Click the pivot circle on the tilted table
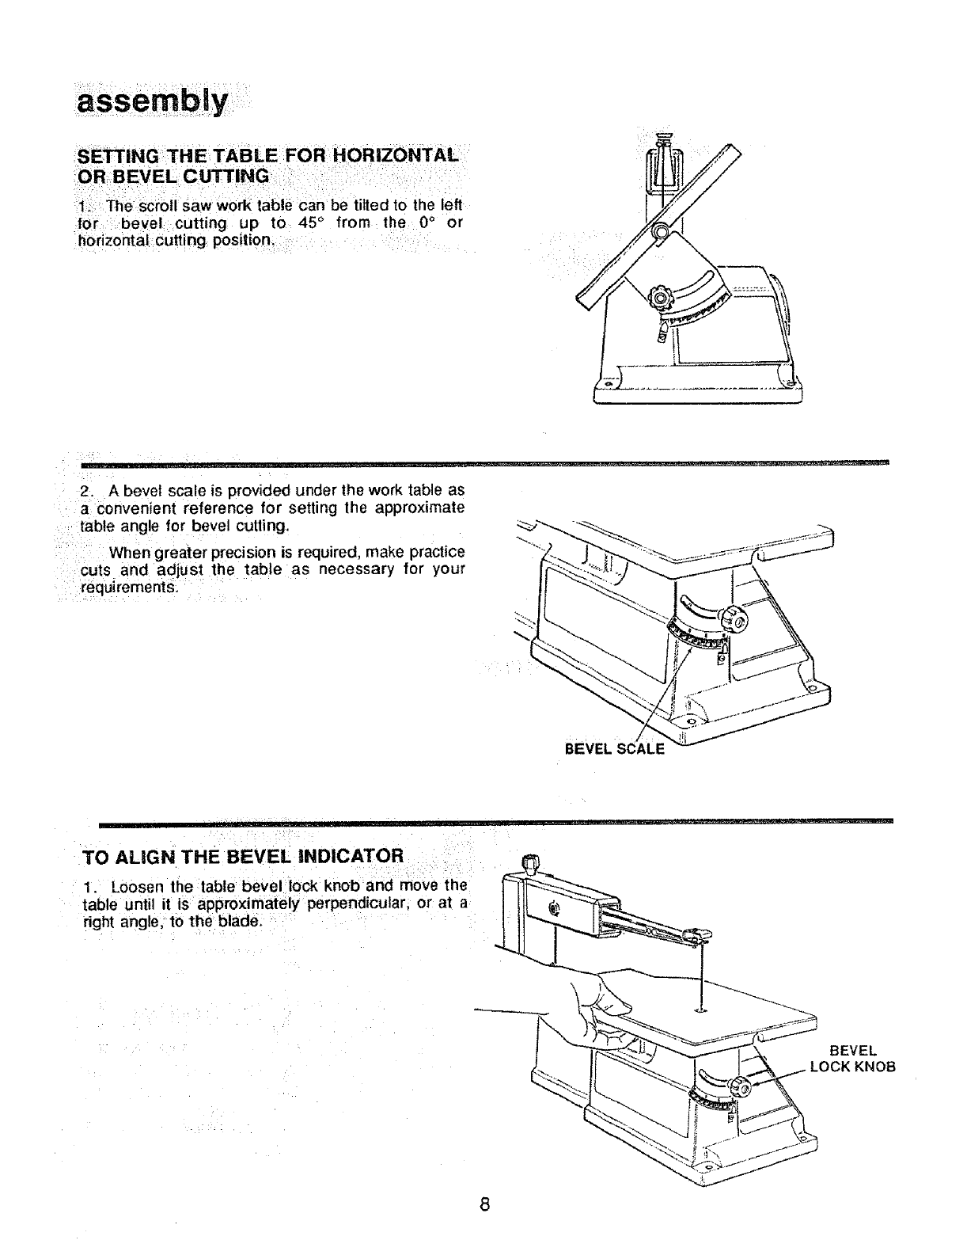click(659, 232)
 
